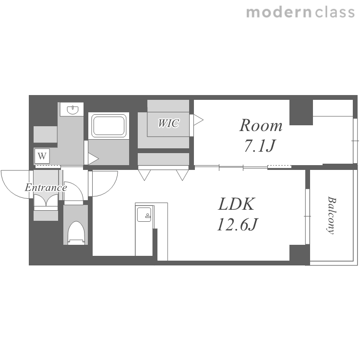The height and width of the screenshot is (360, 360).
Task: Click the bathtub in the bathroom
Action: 109,126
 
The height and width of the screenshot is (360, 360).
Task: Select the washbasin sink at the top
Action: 73,109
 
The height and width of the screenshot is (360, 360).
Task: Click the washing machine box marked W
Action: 42,156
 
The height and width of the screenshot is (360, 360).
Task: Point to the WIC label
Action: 168,123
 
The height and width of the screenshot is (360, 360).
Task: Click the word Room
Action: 261,126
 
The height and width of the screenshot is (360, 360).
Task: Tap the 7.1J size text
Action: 260,146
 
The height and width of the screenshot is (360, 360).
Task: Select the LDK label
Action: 237,204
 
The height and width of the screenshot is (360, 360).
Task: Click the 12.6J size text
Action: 238,224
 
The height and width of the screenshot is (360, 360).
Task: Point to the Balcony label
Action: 331,215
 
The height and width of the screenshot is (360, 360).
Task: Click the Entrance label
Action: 46,188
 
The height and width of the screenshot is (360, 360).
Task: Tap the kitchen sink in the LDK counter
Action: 144,215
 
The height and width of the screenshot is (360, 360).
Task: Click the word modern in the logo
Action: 279,12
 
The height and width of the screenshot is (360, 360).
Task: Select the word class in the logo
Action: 335,12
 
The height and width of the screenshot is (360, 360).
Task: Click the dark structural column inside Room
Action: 301,112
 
